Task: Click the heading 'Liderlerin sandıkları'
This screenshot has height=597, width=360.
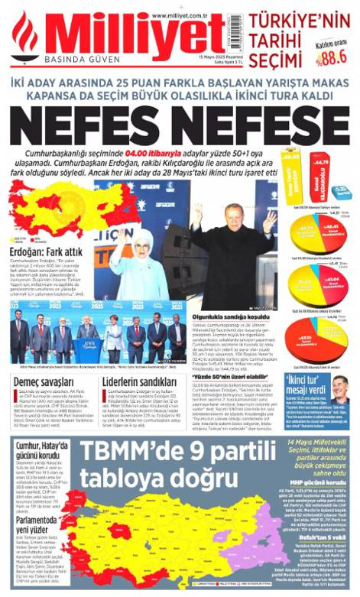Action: (x=138, y=381)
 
